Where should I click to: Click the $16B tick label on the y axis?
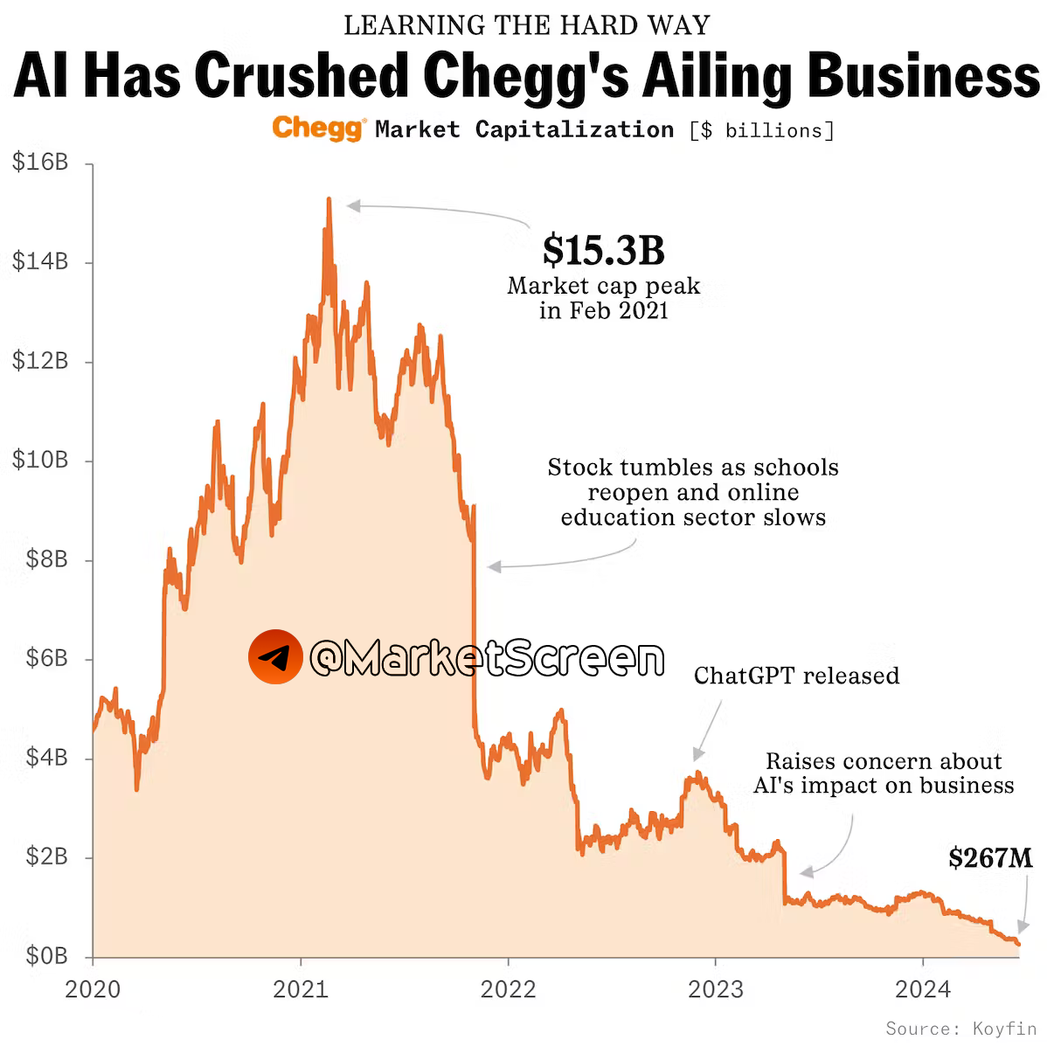pyautogui.click(x=40, y=163)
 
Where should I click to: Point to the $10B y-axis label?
pyautogui.click(x=40, y=461)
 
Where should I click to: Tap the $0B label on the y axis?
pyautogui.click(x=46, y=956)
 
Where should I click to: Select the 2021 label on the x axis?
pyautogui.click(x=300, y=989)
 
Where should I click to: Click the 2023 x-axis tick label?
pyautogui.click(x=715, y=989)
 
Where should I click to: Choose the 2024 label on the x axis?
pyautogui.click(x=923, y=989)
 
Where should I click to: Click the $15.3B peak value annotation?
pyautogui.click(x=603, y=250)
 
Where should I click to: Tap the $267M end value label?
pyautogui.click(x=990, y=857)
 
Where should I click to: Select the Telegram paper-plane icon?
pyautogui.click(x=275, y=656)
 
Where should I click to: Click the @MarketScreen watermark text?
pyautogui.click(x=487, y=657)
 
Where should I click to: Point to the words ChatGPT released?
pyautogui.click(x=796, y=676)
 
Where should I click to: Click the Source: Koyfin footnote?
pyautogui.click(x=960, y=1029)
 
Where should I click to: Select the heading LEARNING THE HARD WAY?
pyautogui.click(x=526, y=25)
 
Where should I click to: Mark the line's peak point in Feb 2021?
pyautogui.click(x=329, y=199)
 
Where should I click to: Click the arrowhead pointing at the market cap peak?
pyautogui.click(x=352, y=205)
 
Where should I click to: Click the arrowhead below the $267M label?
pyautogui.click(x=1023, y=927)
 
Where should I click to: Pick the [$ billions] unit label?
pyautogui.click(x=761, y=130)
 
